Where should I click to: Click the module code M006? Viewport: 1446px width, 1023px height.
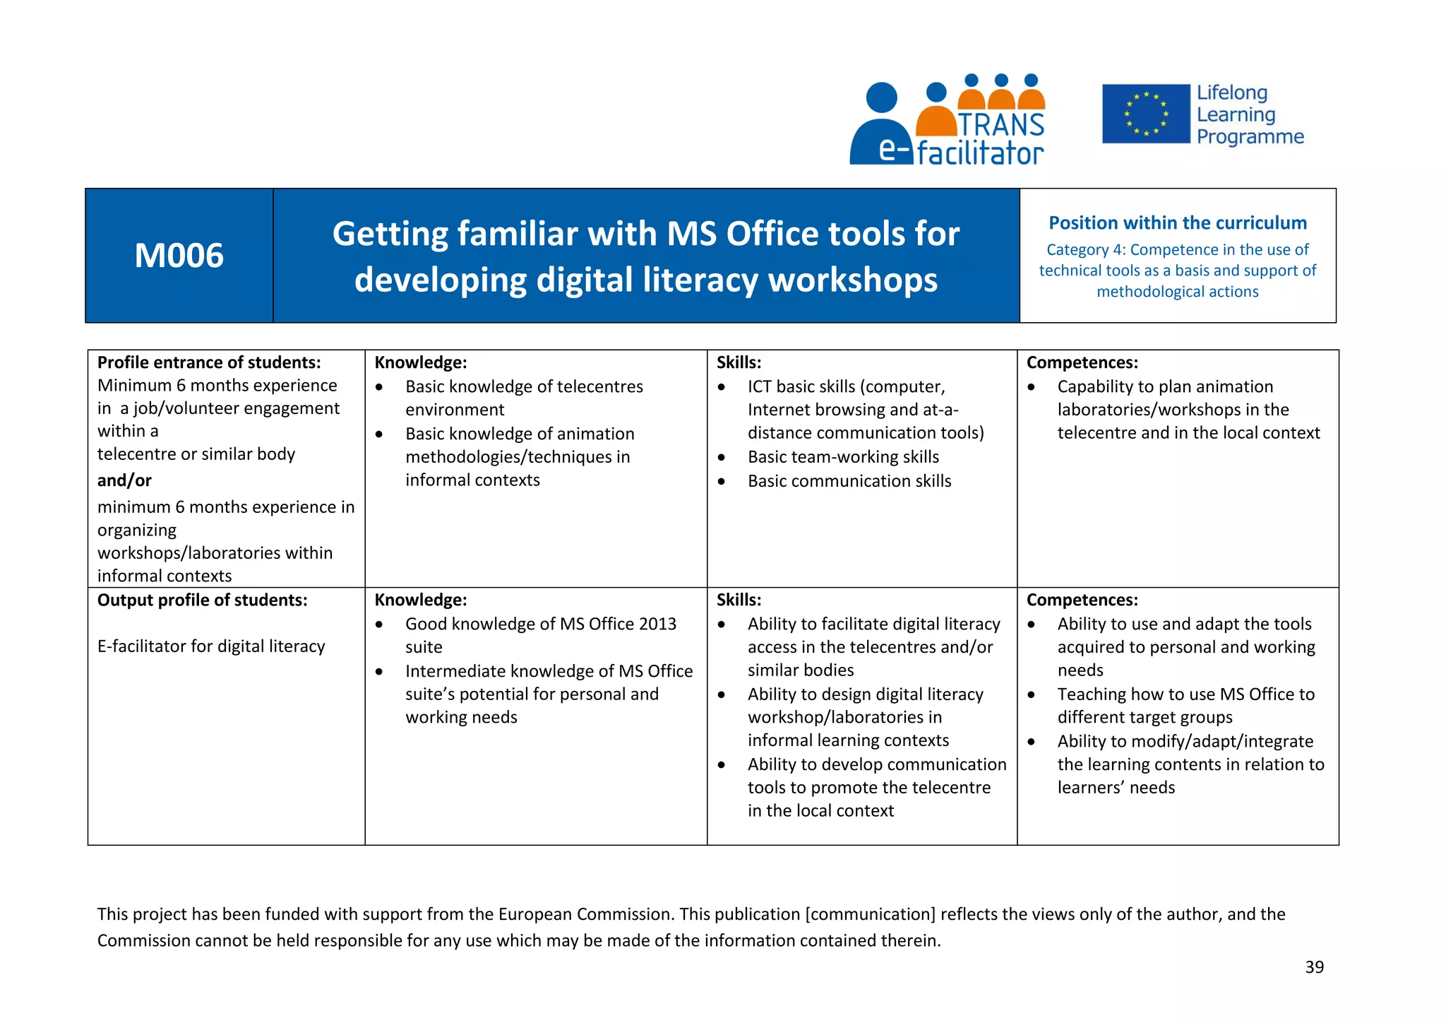click(x=179, y=255)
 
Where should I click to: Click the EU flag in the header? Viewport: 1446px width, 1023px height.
click(x=1145, y=114)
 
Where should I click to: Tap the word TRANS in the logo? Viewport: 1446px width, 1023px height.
click(x=1001, y=125)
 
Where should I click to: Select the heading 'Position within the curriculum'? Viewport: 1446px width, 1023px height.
click(x=1177, y=223)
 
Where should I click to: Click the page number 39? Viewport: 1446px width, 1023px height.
click(x=1314, y=967)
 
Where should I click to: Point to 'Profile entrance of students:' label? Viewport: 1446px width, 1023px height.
click(x=209, y=362)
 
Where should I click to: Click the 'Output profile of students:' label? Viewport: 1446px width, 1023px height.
click(x=202, y=600)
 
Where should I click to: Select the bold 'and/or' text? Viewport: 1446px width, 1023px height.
click(x=124, y=480)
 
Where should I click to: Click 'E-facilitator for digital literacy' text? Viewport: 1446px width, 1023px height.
click(x=211, y=646)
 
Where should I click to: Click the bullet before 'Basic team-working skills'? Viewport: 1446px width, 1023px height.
click(x=721, y=458)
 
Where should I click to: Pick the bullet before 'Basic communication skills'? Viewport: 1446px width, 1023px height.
click(x=721, y=482)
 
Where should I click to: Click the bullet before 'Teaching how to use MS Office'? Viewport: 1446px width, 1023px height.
click(x=1031, y=695)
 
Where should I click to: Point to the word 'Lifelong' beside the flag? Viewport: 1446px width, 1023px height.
click(x=1232, y=93)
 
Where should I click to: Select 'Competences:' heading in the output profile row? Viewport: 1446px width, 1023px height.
click(x=1082, y=600)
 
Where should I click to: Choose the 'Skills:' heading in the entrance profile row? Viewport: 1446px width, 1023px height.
click(x=739, y=362)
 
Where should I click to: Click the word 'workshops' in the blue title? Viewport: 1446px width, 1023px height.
click(x=853, y=280)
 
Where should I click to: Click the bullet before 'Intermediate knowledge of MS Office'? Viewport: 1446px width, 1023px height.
click(x=379, y=672)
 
